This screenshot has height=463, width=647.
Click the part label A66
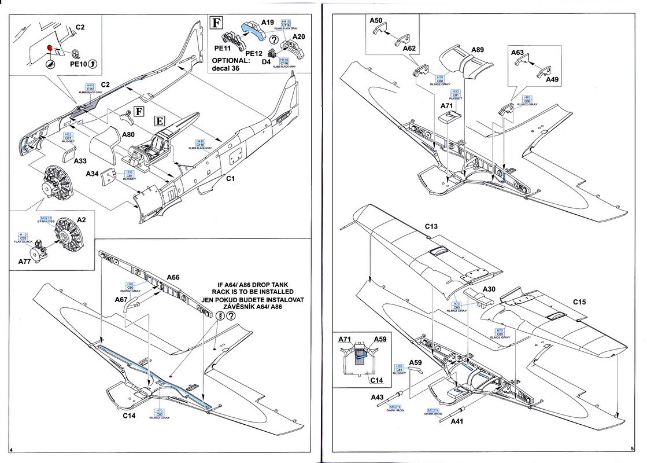point(172,277)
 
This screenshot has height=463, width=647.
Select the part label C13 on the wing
point(431,227)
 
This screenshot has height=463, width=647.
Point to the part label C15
point(581,302)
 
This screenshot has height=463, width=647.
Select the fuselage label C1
point(230,178)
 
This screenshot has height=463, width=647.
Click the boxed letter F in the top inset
point(216,24)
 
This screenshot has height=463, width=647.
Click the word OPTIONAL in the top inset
point(231,60)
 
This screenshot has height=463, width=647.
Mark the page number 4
point(12,450)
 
